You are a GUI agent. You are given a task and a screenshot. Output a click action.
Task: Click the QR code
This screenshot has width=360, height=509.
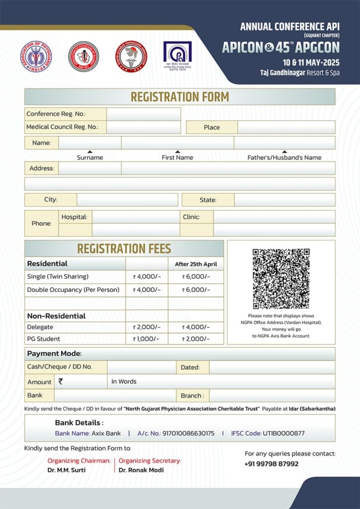(281, 278)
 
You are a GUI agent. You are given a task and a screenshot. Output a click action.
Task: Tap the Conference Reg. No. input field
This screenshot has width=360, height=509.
(143, 114)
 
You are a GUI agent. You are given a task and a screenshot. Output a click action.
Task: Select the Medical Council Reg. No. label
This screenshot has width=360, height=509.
(62, 127)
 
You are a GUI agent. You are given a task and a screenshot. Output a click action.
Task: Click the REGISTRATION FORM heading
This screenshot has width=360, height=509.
(180, 96)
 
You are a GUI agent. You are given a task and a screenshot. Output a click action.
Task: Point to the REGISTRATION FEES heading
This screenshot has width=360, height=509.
(124, 249)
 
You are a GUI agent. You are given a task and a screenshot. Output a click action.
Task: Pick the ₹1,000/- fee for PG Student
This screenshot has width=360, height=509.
(146, 339)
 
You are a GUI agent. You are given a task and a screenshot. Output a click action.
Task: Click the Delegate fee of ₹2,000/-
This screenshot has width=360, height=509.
(147, 327)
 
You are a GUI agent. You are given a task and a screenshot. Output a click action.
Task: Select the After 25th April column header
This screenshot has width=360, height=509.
(196, 264)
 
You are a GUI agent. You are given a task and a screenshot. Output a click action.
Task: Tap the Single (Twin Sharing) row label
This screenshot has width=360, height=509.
(58, 276)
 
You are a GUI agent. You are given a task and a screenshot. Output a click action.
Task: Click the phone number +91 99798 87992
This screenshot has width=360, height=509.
(271, 464)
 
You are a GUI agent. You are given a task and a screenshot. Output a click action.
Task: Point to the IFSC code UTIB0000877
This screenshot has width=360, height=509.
(283, 433)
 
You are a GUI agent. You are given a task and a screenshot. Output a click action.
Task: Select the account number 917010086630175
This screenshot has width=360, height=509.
(188, 433)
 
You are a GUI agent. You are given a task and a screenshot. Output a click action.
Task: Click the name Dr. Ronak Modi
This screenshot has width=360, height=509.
(141, 470)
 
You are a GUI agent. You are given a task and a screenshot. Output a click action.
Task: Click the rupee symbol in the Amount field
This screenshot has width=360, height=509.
(61, 381)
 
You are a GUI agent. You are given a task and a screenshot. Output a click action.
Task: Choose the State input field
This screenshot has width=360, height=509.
(284, 200)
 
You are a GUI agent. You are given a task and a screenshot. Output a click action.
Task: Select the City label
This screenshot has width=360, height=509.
(51, 200)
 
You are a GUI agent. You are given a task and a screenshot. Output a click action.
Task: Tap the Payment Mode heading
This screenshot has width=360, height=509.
(54, 354)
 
